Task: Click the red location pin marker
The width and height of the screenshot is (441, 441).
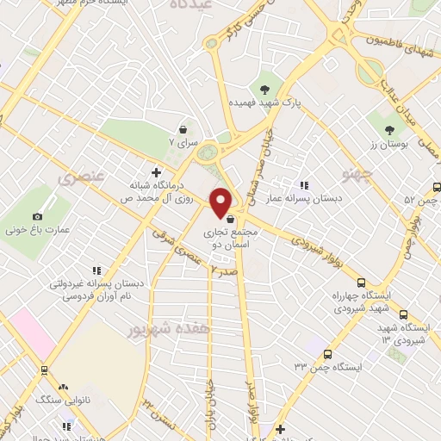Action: tap(221, 202)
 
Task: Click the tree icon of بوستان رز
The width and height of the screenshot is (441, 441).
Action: tap(390, 130)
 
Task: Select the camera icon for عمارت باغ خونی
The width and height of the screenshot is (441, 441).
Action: tap(37, 216)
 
